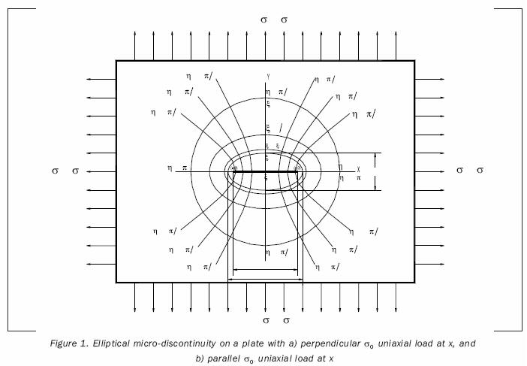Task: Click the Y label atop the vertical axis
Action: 267,75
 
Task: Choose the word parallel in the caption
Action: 226,358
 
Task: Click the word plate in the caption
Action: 256,342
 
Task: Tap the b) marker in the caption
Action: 200,358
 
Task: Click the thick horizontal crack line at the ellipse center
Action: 267,171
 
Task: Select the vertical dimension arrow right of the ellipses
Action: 375,171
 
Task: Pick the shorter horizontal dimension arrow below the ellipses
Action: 267,269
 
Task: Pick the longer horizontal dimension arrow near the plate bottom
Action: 265,280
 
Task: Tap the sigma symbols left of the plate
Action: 65,171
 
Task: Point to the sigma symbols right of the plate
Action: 469,171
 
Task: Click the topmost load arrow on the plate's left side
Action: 101,79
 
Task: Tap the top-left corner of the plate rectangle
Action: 116,61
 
